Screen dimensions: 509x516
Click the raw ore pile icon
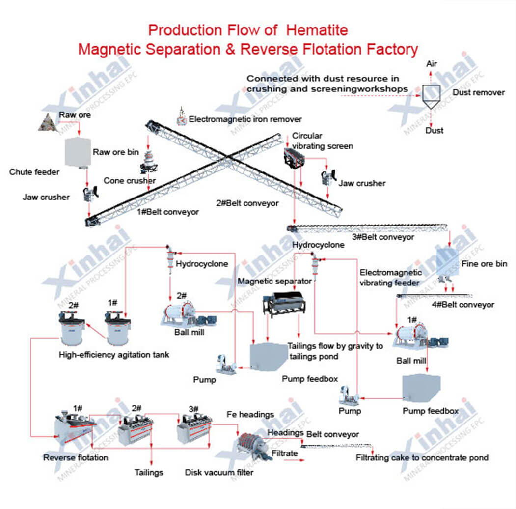pyautogui.click(x=48, y=122)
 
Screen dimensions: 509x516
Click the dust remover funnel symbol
pyautogui.click(x=431, y=94)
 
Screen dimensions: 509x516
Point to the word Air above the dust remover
pyautogui.click(x=431, y=63)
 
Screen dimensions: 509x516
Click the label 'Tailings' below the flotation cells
pyautogui.click(x=149, y=473)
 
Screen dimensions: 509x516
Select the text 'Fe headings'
pyautogui.click(x=250, y=415)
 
